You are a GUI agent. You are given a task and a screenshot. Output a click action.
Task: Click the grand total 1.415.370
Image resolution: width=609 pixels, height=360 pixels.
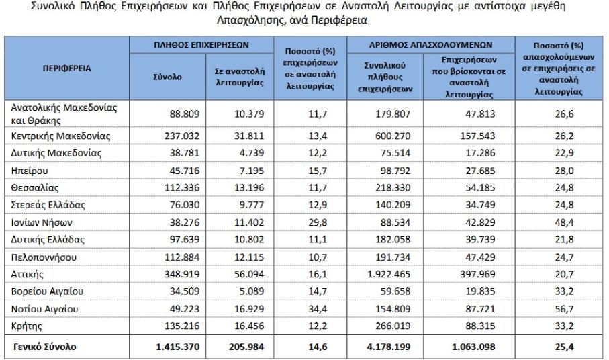tap(172, 347)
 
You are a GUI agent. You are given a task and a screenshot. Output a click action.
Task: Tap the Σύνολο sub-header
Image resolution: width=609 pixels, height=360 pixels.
tap(167, 77)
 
